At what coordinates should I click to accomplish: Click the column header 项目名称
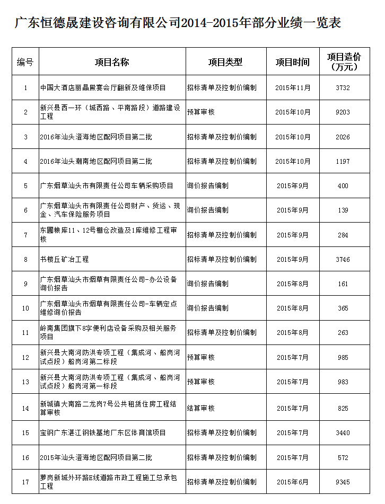click(112, 62)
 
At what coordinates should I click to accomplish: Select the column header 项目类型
click(225, 62)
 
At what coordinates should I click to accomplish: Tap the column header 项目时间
click(292, 62)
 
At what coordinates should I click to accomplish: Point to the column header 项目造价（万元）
click(344, 62)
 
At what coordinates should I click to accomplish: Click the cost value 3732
click(343, 88)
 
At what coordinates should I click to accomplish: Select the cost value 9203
click(343, 112)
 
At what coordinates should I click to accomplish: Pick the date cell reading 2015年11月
click(293, 88)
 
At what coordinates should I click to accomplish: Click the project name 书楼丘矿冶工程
click(64, 260)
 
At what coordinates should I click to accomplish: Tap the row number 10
click(25, 308)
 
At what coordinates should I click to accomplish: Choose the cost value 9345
click(343, 482)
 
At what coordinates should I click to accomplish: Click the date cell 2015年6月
click(293, 482)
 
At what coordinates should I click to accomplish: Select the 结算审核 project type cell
click(201, 409)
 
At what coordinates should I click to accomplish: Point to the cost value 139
click(343, 210)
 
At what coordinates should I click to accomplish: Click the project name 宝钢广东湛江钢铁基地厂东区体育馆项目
click(103, 433)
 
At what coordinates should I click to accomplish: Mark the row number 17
click(25, 482)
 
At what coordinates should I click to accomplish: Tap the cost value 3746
click(343, 260)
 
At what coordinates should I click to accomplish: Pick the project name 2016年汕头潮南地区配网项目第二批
click(96, 161)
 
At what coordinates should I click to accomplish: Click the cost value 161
click(343, 284)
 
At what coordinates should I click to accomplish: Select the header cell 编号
click(25, 62)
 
